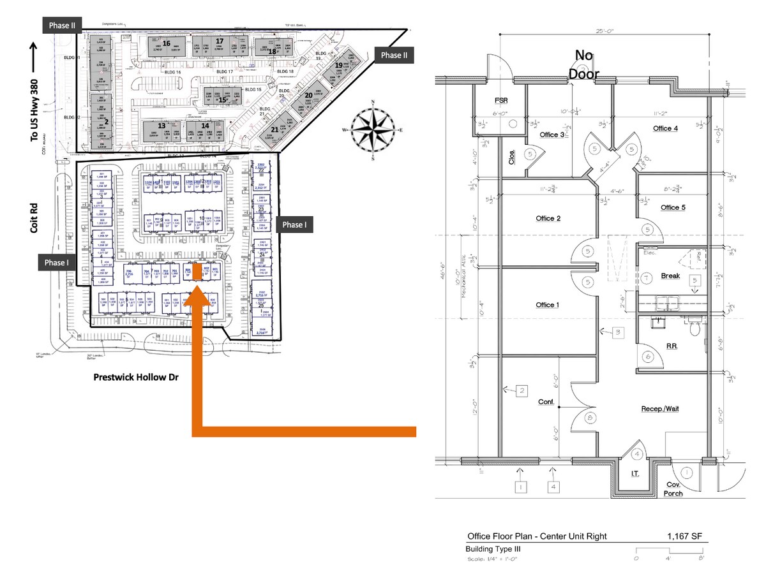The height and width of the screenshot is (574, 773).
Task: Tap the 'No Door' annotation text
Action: point(584,65)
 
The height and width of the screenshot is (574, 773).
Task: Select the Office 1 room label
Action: point(547,305)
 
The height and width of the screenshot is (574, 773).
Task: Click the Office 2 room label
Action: point(548,219)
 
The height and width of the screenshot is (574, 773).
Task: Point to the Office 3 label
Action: point(552,135)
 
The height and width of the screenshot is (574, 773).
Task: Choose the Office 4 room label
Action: point(665,129)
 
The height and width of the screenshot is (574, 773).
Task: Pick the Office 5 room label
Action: point(673,208)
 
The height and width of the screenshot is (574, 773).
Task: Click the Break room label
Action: point(670,276)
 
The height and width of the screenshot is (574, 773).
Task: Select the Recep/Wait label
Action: point(660,408)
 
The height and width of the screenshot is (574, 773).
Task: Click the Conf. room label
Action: point(546,402)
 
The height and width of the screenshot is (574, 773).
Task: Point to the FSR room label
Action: point(500,101)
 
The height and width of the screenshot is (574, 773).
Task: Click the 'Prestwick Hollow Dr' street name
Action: point(136,378)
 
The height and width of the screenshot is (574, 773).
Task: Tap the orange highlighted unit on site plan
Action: point(198,272)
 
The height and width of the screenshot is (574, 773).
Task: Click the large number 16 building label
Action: point(166,43)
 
